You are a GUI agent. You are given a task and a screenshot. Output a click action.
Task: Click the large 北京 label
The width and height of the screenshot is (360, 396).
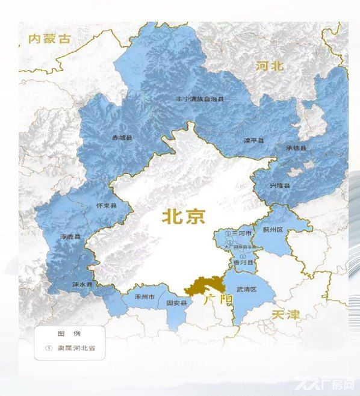click(184, 217)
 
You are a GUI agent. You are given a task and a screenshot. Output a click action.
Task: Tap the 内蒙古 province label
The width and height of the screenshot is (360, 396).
click(49, 39)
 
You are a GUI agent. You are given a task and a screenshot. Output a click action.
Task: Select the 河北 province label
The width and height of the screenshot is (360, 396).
click(269, 66)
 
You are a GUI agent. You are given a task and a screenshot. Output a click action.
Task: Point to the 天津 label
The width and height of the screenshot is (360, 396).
click(285, 314)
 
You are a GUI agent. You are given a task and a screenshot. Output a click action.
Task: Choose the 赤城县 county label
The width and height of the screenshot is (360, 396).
click(122, 138)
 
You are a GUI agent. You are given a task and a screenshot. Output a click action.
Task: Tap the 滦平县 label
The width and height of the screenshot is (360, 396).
click(253, 140)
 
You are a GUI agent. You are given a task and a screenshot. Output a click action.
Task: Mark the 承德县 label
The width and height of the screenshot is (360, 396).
click(296, 148)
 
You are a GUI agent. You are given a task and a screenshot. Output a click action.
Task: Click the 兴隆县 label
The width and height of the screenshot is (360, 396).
click(279, 185)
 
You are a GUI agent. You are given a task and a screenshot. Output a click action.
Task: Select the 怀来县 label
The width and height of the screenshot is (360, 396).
click(107, 206)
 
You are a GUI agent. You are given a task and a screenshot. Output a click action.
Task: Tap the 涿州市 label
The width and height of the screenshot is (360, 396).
click(144, 297)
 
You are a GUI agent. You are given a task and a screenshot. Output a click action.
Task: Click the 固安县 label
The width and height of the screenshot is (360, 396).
click(176, 304)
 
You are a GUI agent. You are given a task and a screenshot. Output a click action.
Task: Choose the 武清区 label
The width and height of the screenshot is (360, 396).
click(246, 289)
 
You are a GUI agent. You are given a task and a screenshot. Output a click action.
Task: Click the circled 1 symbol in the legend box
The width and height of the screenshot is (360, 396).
click(49, 348)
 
